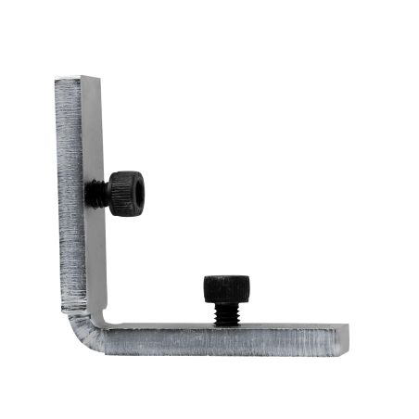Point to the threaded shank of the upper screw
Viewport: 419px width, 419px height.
pos(95,193)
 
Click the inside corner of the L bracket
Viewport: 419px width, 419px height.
pos(107,323)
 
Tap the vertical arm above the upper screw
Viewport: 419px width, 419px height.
pos(78,130)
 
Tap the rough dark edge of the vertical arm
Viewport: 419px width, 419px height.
pos(68,185)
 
